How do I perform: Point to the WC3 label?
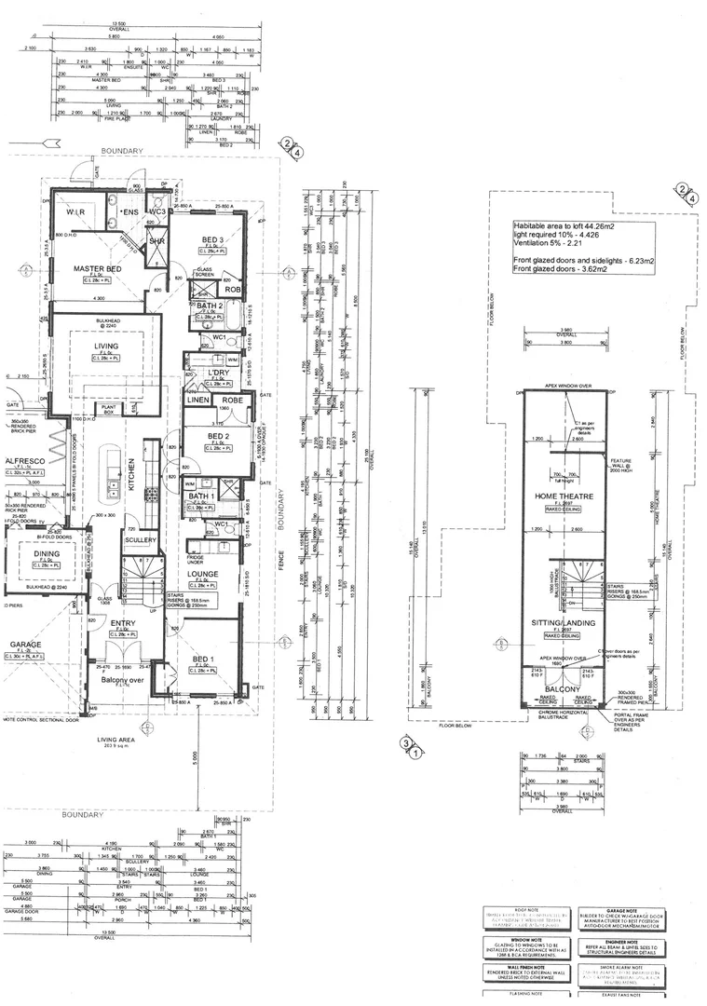tap(157, 212)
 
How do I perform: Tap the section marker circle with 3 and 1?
tap(407, 744)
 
